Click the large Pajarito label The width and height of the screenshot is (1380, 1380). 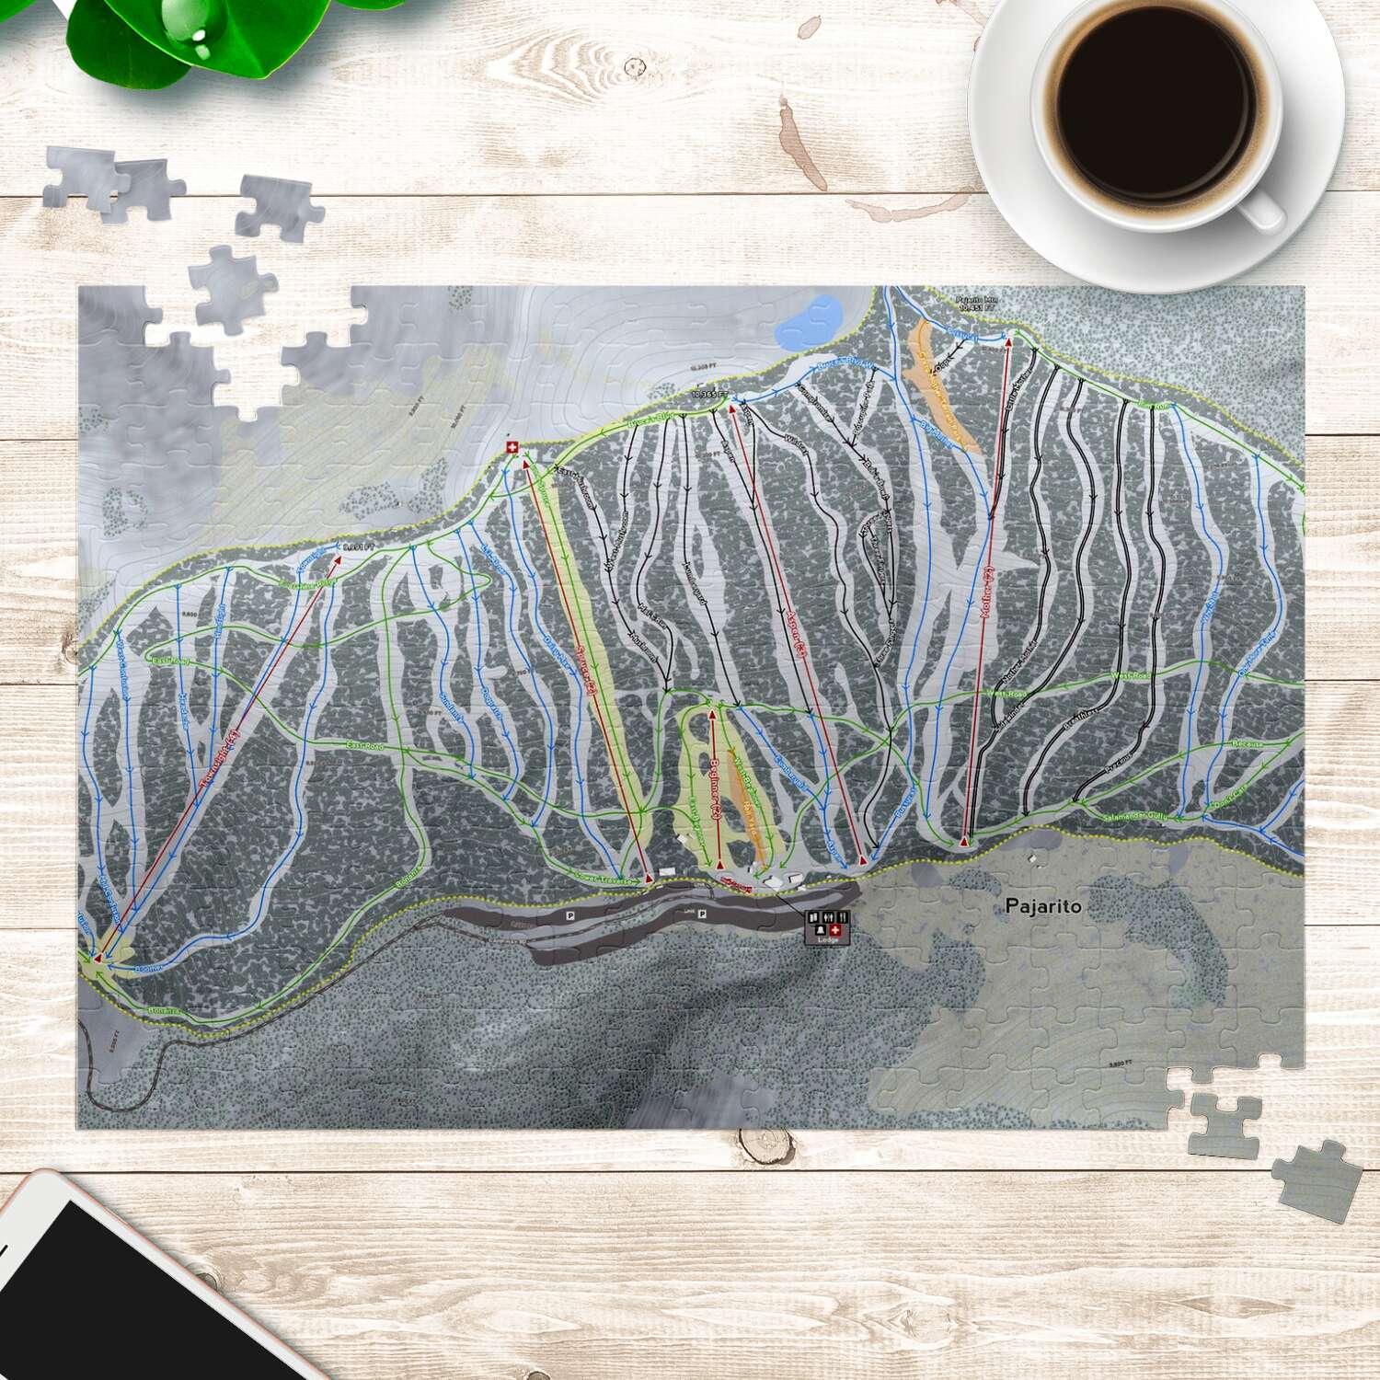tap(1043, 906)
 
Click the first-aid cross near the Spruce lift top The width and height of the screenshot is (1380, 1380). tap(512, 447)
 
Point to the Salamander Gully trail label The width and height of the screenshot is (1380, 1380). tap(1137, 816)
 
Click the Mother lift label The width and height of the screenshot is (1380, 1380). tap(988, 593)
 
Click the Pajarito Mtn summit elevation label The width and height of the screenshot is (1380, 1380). tap(976, 304)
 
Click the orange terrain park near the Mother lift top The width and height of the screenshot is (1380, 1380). tap(938, 386)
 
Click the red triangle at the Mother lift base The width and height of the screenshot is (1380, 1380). tap(964, 841)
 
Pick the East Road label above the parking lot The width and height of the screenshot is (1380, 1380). tap(364, 745)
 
